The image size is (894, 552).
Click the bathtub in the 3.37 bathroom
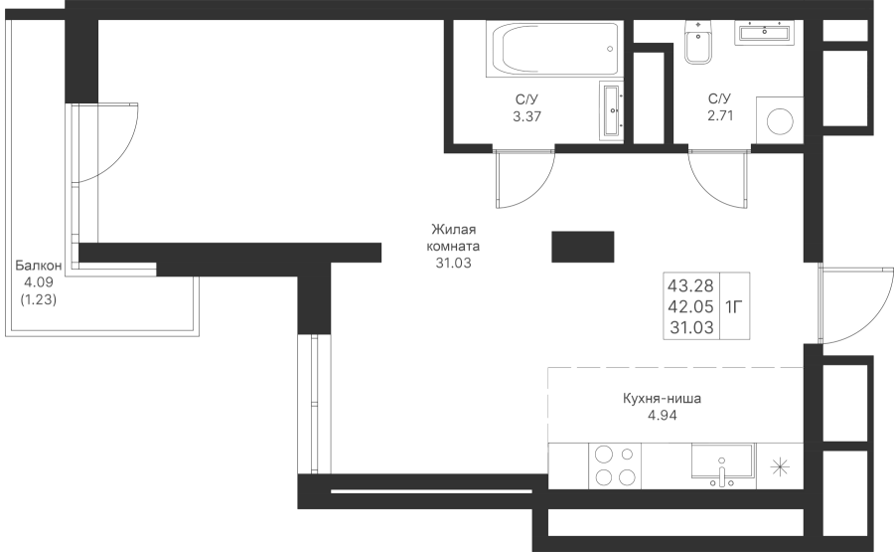tap(552, 49)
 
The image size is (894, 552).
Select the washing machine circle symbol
tap(780, 121)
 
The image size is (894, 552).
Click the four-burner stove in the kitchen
tap(615, 465)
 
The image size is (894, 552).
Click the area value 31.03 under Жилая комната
tap(453, 264)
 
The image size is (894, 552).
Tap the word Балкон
tap(38, 266)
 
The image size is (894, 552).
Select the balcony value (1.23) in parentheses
tap(38, 299)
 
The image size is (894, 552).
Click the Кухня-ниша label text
tap(662, 399)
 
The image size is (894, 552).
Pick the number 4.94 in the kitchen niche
tap(662, 416)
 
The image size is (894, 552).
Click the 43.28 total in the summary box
tap(690, 284)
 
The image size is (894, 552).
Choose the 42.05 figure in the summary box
tap(690, 306)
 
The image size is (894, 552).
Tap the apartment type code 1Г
tap(734, 307)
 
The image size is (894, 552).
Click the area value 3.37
tap(526, 116)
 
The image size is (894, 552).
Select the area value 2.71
tap(720, 116)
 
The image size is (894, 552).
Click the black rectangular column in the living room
tap(583, 247)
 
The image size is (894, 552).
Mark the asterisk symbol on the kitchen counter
tap(780, 466)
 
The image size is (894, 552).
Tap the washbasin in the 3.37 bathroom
tap(612, 110)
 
